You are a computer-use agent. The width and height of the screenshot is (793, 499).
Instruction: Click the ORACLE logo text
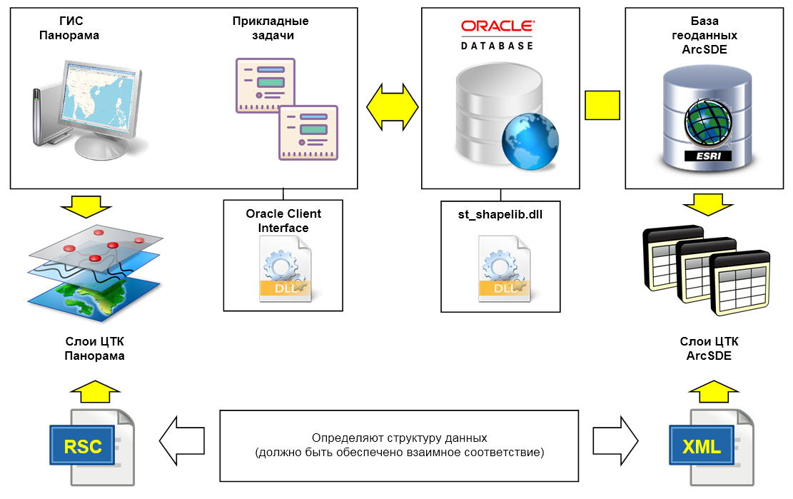pos(497,27)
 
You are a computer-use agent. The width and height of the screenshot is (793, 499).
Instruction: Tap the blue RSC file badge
pos(84,447)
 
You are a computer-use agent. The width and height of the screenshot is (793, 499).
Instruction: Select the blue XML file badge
pos(701,447)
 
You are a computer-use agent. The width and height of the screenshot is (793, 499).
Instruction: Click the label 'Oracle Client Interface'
pos(283,221)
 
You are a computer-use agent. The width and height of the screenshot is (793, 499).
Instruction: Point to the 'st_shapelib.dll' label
pos(500,214)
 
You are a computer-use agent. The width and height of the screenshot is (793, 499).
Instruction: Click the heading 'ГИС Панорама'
pos(69,29)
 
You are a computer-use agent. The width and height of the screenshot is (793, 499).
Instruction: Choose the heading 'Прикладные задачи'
pos(271,29)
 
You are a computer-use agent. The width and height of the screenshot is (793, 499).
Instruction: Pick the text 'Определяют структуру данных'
pos(399,438)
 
